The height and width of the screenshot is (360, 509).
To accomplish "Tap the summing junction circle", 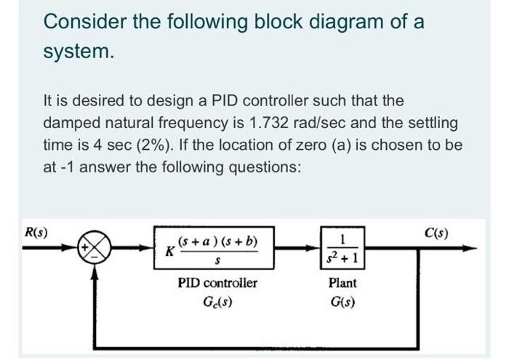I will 96,251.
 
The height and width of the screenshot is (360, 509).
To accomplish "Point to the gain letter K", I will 170,251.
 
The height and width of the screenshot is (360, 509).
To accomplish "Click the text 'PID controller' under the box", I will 217,282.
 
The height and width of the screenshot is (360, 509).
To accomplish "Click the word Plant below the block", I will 342,282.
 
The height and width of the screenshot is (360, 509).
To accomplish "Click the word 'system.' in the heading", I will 79,52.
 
